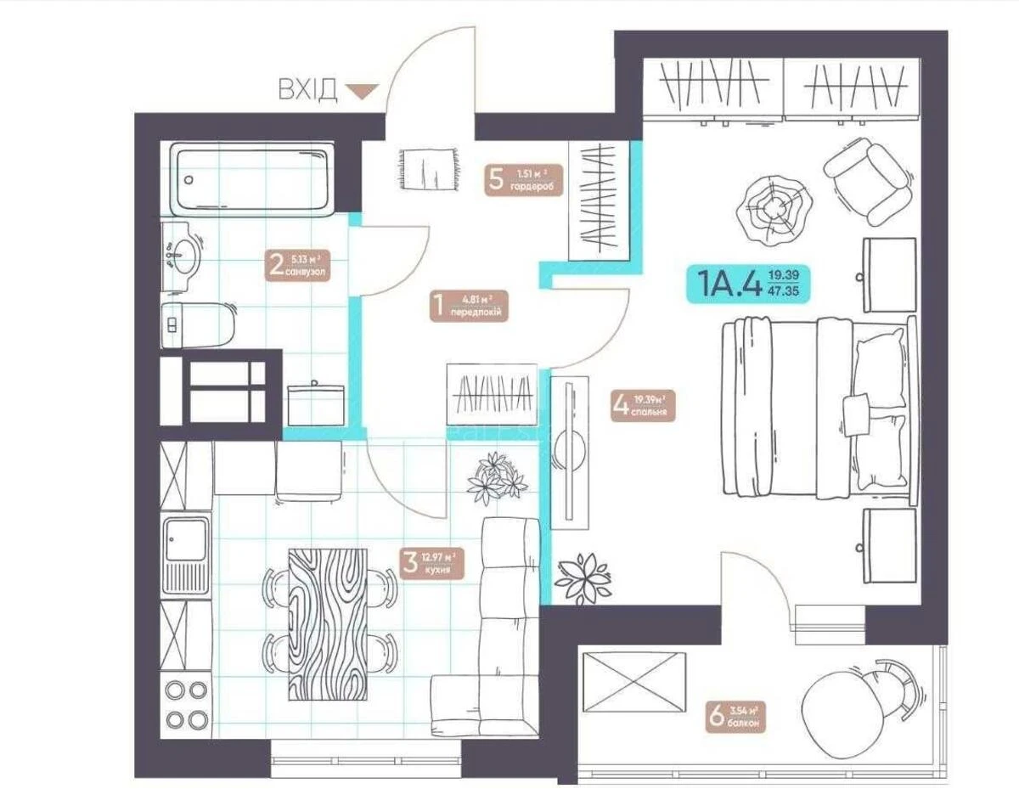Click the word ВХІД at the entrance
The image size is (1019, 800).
point(307,89)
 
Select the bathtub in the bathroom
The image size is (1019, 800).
point(251,179)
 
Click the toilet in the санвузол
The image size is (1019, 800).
point(194,324)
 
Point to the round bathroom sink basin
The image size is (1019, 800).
point(181,253)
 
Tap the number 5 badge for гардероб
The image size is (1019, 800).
point(497,179)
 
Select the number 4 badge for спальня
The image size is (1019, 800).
point(620,406)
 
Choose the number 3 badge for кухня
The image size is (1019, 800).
point(411,562)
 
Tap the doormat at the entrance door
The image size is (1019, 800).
point(426,168)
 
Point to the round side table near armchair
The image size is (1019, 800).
point(769,206)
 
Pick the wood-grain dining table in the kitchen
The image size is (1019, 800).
point(328,624)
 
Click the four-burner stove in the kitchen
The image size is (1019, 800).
point(187,705)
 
